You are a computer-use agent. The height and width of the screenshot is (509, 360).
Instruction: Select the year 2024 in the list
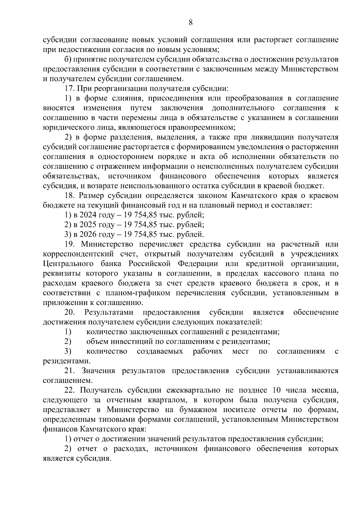tap(87, 215)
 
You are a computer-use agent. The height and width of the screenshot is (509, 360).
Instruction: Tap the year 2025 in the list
tap(87, 225)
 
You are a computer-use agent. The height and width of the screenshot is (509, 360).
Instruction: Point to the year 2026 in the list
tap(87, 234)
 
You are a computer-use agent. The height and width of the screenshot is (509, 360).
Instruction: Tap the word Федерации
tap(198, 264)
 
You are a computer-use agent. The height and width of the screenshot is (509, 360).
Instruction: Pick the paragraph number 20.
tap(70, 312)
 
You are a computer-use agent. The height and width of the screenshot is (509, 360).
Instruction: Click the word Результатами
tap(109, 312)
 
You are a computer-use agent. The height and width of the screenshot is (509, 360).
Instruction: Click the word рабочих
tap(208, 351)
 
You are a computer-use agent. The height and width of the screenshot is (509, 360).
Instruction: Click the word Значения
tap(98, 371)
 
